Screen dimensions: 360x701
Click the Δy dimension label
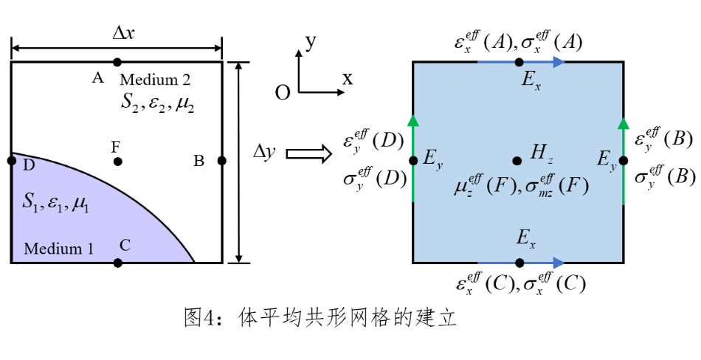point(264,152)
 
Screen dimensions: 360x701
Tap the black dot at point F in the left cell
point(117,161)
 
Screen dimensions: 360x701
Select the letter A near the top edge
point(97,77)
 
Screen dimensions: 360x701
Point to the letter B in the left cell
point(198,161)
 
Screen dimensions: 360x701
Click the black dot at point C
point(118,263)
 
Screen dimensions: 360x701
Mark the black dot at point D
point(11,160)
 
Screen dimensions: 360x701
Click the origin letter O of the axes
point(282,93)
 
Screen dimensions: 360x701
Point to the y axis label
point(311,41)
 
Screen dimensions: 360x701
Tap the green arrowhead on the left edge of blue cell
point(413,120)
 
